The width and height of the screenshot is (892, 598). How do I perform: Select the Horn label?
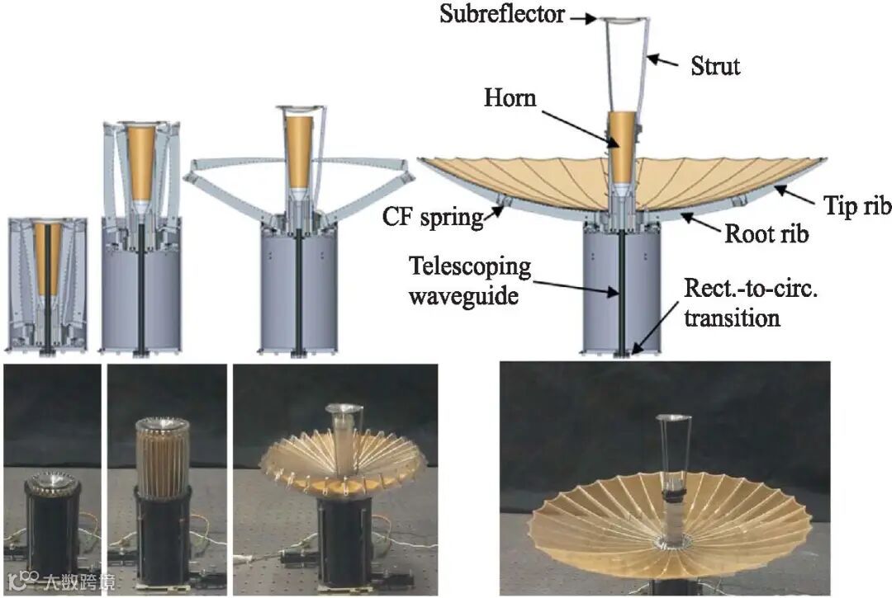click(x=510, y=98)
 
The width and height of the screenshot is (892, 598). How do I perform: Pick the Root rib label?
click(x=766, y=233)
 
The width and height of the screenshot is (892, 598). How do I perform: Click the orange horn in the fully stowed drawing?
click(x=48, y=256)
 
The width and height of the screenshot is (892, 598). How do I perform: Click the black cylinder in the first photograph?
click(x=51, y=528)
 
